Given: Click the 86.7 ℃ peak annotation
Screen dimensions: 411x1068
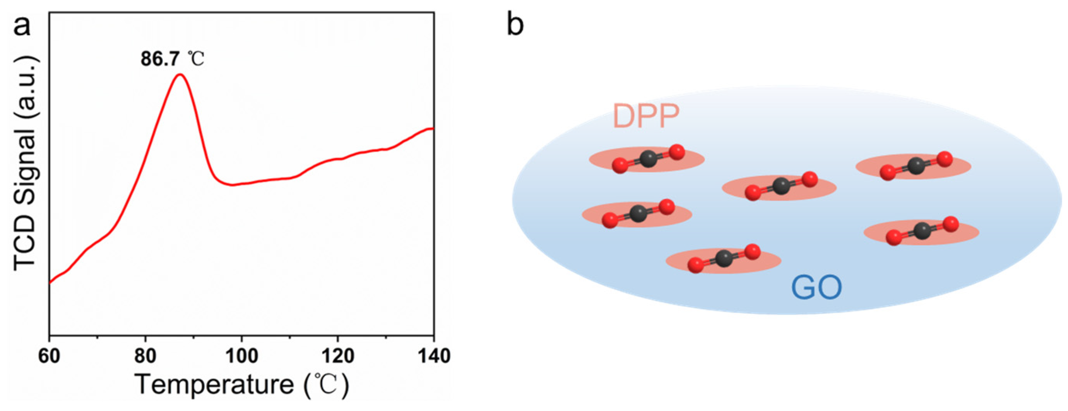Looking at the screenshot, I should click(173, 59).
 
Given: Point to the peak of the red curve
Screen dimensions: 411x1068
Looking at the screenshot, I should click(180, 75).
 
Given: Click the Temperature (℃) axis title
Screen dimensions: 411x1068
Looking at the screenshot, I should click(242, 384).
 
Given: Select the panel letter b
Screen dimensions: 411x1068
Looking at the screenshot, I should click(515, 26).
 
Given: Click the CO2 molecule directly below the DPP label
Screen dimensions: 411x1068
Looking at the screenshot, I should click(648, 159).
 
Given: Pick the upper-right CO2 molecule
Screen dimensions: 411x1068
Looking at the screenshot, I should click(916, 166).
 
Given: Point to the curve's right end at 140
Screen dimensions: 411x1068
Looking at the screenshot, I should click(433, 128).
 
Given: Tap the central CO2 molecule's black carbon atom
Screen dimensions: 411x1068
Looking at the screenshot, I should click(781, 186).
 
